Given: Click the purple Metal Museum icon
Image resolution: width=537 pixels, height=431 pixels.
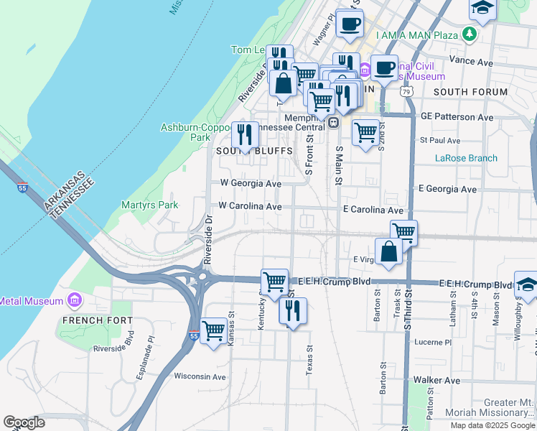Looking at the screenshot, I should pos(74,300).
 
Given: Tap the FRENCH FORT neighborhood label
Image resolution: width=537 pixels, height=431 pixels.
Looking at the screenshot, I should pos(97,320).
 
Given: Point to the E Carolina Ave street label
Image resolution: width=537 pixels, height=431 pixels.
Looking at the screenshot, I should pos(373,210).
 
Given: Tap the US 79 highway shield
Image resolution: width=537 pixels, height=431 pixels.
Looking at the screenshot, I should pos(407,92).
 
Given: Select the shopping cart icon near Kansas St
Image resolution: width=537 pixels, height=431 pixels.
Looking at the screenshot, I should pos(214,331).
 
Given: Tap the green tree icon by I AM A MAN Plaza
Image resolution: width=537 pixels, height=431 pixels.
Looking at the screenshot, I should pos(469,34).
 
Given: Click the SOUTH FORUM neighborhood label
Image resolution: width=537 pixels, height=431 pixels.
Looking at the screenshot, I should pos(470,92).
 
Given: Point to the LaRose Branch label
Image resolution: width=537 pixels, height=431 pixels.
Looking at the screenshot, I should pos(466,158).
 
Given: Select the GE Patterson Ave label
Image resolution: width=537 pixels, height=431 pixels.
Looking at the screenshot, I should pos(457,116).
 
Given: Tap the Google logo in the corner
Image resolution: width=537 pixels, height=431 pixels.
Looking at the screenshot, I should pos(24,422).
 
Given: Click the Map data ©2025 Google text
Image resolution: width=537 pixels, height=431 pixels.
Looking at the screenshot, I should pos(492,425).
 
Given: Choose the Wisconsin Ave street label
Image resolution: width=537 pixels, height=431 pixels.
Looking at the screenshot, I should pos(200,376).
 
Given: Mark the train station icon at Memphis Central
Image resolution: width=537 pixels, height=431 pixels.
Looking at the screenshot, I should pos(333,122).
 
